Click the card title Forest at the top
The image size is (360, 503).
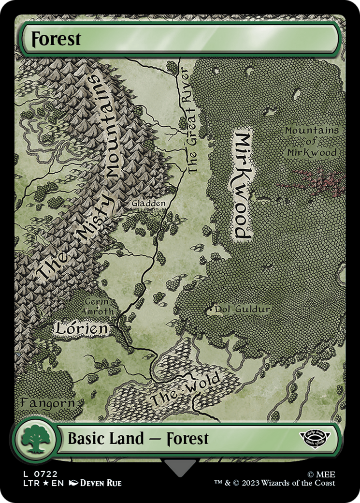[x=56, y=39]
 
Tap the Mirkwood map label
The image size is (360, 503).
[x=242, y=185]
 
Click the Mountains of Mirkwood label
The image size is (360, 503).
[x=312, y=142]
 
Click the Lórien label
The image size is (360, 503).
[x=81, y=328]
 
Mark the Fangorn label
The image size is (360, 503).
[x=47, y=402]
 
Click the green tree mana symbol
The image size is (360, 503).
[x=34, y=439]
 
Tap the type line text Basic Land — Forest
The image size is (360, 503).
[x=138, y=439]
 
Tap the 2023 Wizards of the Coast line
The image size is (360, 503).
[x=275, y=483]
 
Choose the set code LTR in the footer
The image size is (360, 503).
[x=28, y=483]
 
